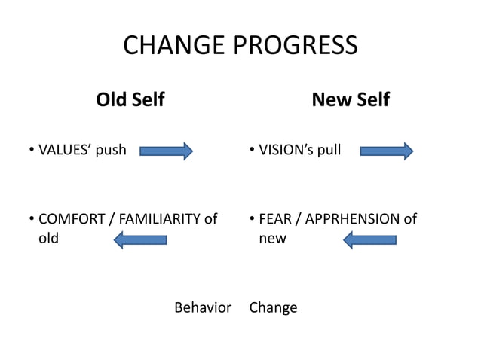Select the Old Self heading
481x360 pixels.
pos(130,99)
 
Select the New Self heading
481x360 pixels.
pos(351,99)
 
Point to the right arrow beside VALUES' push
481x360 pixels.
pos(167,151)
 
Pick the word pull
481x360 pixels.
pos(328,150)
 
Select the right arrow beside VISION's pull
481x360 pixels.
pos(387,151)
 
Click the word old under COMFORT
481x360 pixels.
pos(48,239)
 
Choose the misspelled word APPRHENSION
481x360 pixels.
pos(351,219)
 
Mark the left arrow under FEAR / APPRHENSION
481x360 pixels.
pos(369,239)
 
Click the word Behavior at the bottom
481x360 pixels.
pos(202,307)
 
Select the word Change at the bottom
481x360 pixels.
pos(273,307)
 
